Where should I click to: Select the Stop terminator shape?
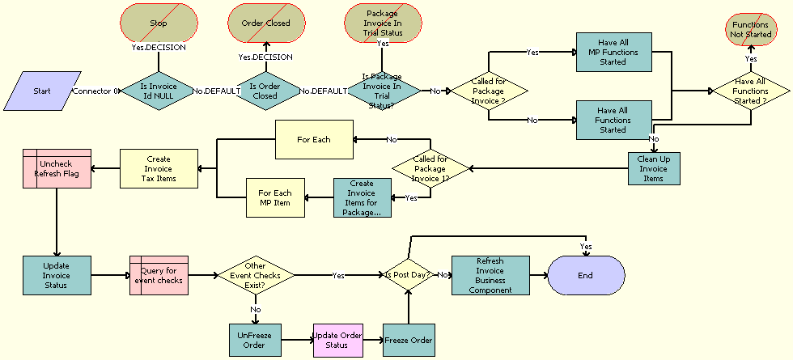[158, 23]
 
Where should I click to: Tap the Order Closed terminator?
[266, 23]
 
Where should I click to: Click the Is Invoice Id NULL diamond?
[158, 91]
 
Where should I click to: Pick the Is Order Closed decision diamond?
[266, 91]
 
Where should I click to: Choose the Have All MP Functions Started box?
[613, 52]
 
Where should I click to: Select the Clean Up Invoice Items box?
[654, 168]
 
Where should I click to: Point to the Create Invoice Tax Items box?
[159, 168]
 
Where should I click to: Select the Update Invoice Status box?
[57, 275]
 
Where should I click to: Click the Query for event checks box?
[159, 275]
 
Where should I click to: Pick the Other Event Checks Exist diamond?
[255, 275]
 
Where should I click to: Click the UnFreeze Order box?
[255, 340]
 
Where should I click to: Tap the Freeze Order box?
[409, 340]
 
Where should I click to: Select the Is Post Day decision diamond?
[409, 275]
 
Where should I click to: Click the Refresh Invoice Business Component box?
[490, 275]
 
